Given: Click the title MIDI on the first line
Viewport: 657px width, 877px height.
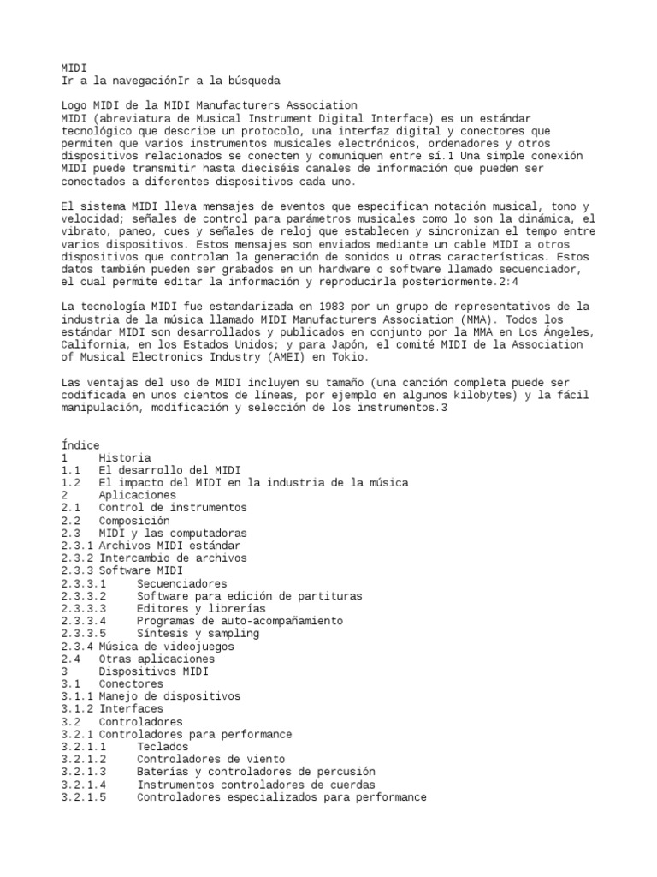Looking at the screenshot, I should pos(74,68).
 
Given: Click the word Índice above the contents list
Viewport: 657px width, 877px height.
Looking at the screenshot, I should pos(80,445).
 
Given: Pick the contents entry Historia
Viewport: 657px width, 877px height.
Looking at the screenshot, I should pos(124,458).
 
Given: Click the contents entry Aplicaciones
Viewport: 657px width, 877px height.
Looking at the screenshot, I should pos(137,496).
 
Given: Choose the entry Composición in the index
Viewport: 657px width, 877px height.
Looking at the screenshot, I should pos(133,521).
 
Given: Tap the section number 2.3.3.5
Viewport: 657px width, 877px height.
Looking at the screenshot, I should pos(83,634).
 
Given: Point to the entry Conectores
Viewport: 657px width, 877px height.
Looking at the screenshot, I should pos(131,684).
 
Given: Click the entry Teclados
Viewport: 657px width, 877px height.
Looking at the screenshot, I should pos(163,747).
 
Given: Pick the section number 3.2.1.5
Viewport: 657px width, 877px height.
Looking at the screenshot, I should pos(83,797).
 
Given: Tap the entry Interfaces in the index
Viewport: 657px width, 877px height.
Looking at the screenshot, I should pos(131,709).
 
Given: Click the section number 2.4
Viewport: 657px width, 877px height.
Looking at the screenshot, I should pos(71,659).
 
